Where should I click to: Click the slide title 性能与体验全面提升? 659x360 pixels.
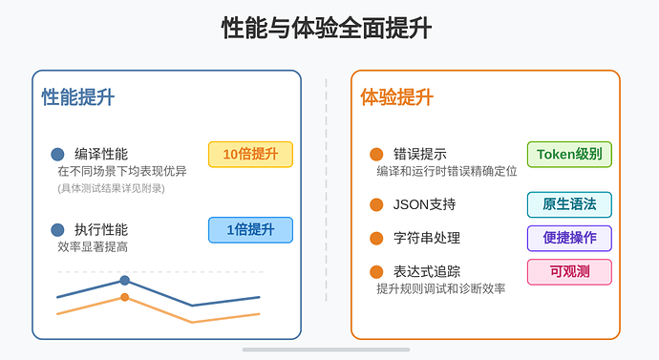pyautogui.click(x=327, y=29)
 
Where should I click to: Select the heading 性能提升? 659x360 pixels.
pyautogui.click(x=78, y=97)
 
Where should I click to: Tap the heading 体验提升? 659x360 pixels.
pyautogui.click(x=396, y=97)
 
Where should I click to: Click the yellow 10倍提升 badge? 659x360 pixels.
pyautogui.click(x=250, y=155)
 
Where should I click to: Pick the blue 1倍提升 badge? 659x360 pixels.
pyautogui.click(x=250, y=230)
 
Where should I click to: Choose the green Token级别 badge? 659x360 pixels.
pyautogui.click(x=569, y=155)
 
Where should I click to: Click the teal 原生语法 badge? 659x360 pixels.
pyautogui.click(x=569, y=204)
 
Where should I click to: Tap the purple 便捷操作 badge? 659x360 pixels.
pyautogui.click(x=569, y=238)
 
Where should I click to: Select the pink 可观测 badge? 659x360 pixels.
pyautogui.click(x=569, y=271)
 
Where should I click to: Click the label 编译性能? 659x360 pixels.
pyautogui.click(x=101, y=154)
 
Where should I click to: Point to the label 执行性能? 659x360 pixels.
pyautogui.click(x=101, y=229)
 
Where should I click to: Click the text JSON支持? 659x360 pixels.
pyautogui.click(x=425, y=204)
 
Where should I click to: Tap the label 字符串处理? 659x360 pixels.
pyautogui.click(x=427, y=238)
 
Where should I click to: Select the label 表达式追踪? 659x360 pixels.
pyautogui.click(x=427, y=271)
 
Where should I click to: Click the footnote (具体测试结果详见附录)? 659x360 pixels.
pyautogui.click(x=111, y=188)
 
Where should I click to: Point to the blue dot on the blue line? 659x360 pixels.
pyautogui.click(x=124, y=280)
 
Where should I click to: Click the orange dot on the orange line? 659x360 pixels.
pyautogui.click(x=124, y=298)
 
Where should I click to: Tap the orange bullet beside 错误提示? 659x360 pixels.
pyautogui.click(x=376, y=155)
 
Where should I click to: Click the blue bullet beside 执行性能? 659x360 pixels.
pyautogui.click(x=57, y=230)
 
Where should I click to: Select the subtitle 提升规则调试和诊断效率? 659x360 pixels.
pyautogui.click(x=440, y=288)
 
